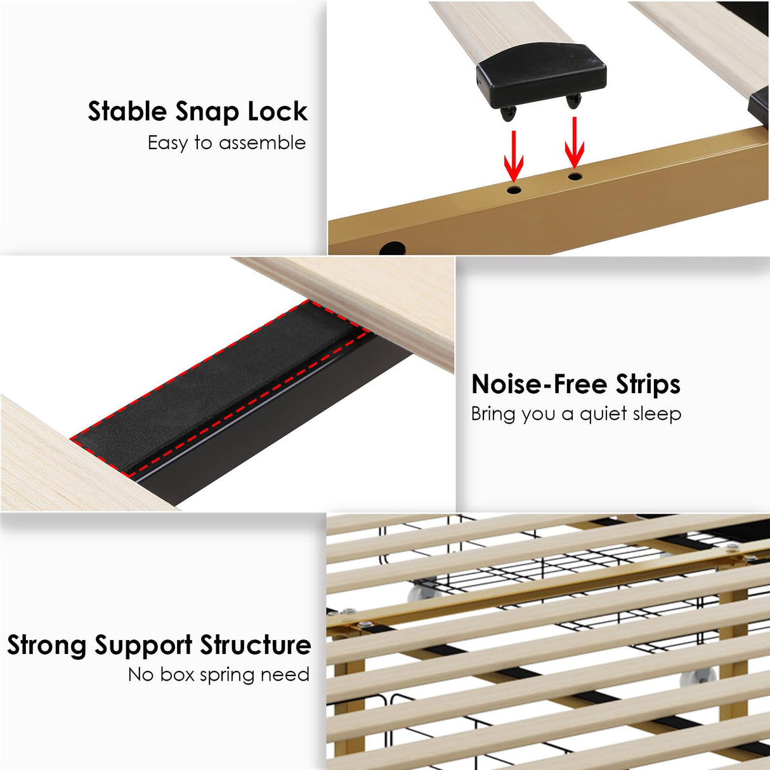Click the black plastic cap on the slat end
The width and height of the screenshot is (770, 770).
point(541,74)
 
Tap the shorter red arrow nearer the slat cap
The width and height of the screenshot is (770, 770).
point(575,143)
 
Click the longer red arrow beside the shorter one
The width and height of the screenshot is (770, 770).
point(513,155)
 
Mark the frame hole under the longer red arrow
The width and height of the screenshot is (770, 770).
point(514,189)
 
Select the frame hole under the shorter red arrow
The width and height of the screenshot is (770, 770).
point(575,176)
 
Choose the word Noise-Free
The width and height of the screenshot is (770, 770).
point(538,384)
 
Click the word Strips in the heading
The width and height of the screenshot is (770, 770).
point(648,384)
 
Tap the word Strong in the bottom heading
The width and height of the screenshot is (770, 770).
point(47,646)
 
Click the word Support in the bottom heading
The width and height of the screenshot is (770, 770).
point(143,646)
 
